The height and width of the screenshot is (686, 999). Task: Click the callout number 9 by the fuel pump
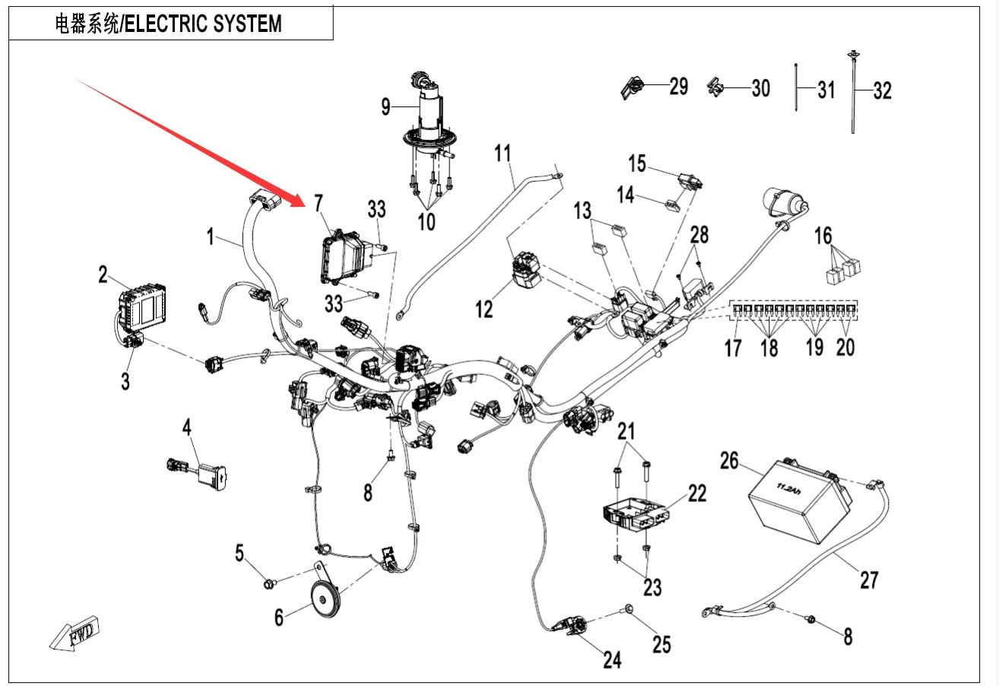coord(385,107)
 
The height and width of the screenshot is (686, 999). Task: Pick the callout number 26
coord(729,462)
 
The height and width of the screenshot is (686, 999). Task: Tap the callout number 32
coord(882,91)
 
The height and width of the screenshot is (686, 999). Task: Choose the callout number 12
coord(484,309)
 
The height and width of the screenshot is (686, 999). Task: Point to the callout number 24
coord(612,659)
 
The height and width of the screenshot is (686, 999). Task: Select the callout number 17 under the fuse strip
coord(732,348)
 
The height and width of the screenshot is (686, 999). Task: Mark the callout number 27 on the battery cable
coord(868,580)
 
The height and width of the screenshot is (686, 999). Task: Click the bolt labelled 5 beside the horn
coord(268,584)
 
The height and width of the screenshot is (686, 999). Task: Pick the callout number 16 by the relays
coord(823,235)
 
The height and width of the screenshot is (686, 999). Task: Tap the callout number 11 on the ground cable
coord(503,153)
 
